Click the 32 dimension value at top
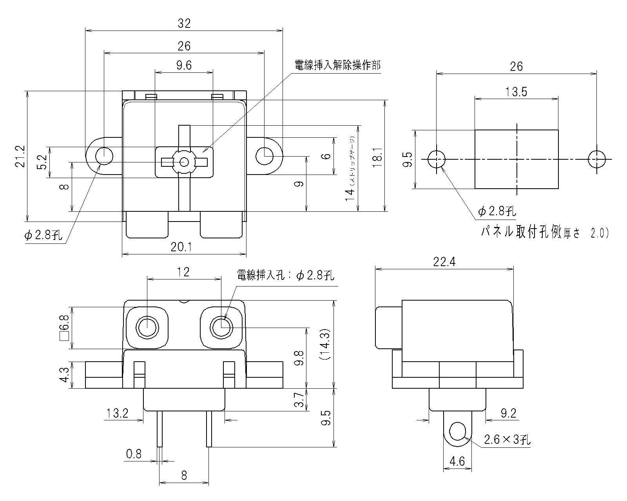(x=184, y=24)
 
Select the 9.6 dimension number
(x=184, y=65)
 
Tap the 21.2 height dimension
(x=20, y=156)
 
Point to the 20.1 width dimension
(x=184, y=247)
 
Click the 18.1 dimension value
(x=377, y=156)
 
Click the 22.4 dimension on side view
(x=444, y=262)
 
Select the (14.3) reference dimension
(x=326, y=344)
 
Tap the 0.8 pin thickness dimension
(x=134, y=454)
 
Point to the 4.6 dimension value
(x=457, y=461)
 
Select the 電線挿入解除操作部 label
(x=337, y=65)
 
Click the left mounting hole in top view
(x=104, y=156)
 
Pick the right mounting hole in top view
(x=264, y=156)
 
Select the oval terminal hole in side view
(x=457, y=432)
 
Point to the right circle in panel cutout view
(x=596, y=159)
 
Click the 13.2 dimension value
(x=117, y=413)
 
